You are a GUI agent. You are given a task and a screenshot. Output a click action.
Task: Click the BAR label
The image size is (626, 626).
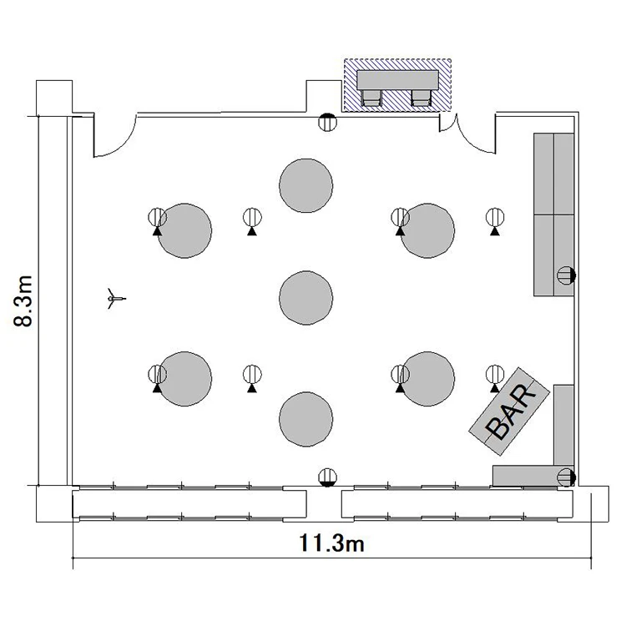(x=511, y=411)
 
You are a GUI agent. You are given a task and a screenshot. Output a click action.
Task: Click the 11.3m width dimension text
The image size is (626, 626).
(x=331, y=543)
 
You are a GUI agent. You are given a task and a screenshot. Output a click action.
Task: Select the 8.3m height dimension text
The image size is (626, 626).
(x=23, y=301)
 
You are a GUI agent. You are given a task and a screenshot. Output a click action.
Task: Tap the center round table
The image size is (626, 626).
(x=305, y=298)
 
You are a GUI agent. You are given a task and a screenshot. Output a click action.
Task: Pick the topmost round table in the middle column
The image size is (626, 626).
(x=305, y=185)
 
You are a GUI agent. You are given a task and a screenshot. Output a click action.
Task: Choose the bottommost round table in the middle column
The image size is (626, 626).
(x=305, y=419)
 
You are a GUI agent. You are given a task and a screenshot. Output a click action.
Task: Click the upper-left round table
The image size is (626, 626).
(x=184, y=230)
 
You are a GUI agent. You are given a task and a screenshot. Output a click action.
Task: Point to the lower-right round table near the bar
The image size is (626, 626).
(x=427, y=379)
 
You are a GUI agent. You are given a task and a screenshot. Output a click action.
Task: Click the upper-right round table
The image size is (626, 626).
(x=427, y=230)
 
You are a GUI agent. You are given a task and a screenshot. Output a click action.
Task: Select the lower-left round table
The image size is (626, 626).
(x=184, y=379)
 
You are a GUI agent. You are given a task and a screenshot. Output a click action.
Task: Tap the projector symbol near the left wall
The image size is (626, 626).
(x=116, y=298)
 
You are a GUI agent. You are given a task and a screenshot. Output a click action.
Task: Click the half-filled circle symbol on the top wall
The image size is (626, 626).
(x=327, y=122)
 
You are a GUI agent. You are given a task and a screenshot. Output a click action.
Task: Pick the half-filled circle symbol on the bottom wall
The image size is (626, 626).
(x=327, y=477)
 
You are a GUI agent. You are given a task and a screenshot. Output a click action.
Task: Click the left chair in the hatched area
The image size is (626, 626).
(x=371, y=98)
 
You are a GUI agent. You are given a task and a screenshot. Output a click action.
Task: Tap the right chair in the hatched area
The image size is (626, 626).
(x=422, y=98)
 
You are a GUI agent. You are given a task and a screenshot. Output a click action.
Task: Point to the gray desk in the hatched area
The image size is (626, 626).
(x=397, y=80)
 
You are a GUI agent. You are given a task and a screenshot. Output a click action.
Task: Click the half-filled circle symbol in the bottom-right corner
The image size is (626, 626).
(x=566, y=477)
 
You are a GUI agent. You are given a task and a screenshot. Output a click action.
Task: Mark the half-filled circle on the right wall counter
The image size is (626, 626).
(x=566, y=275)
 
